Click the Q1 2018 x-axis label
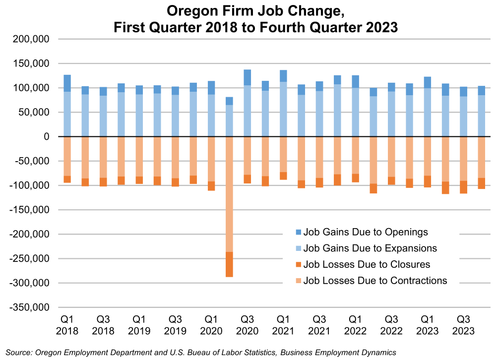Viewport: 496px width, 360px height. [x=67, y=324]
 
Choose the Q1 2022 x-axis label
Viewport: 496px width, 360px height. [x=355, y=324]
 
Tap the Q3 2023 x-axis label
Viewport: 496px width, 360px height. [x=463, y=324]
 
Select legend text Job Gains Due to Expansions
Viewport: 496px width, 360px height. [x=370, y=248]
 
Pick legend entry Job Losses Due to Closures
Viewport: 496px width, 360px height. [x=367, y=264]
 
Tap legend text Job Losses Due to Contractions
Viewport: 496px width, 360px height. [x=375, y=281]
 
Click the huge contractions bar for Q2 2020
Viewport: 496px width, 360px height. [x=229, y=193]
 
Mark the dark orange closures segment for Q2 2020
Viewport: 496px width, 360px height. [x=229, y=264]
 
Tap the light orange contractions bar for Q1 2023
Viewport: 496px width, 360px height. [x=427, y=156]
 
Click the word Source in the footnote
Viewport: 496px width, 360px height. [x=18, y=352]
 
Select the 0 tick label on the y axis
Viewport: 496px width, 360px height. [x=50, y=137]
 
